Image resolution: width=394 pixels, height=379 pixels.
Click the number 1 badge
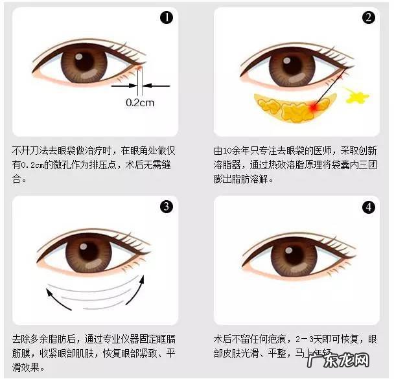167,18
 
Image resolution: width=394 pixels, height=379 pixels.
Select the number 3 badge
167,207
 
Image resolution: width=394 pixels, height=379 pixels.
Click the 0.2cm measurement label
139,102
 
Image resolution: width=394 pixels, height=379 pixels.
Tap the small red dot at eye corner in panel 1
139,67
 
